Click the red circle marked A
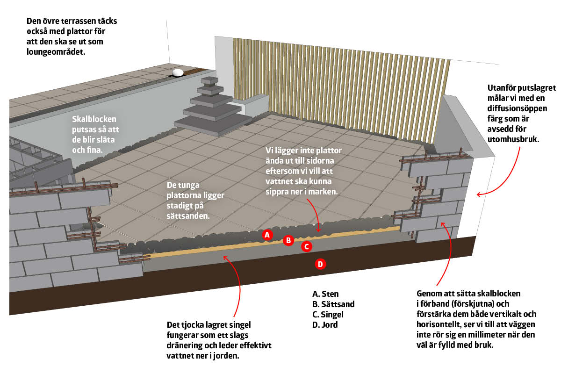click(267, 235)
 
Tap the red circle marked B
click(288, 240)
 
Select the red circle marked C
click(306, 246)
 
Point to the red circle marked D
click(320, 264)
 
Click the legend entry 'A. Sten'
click(325, 294)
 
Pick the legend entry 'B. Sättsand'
click(333, 304)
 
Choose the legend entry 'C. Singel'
click(330, 315)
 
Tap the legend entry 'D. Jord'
click(325, 325)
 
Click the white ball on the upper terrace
click(178, 72)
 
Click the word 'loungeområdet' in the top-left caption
click(56, 52)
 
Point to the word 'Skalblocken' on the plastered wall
click(94, 119)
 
